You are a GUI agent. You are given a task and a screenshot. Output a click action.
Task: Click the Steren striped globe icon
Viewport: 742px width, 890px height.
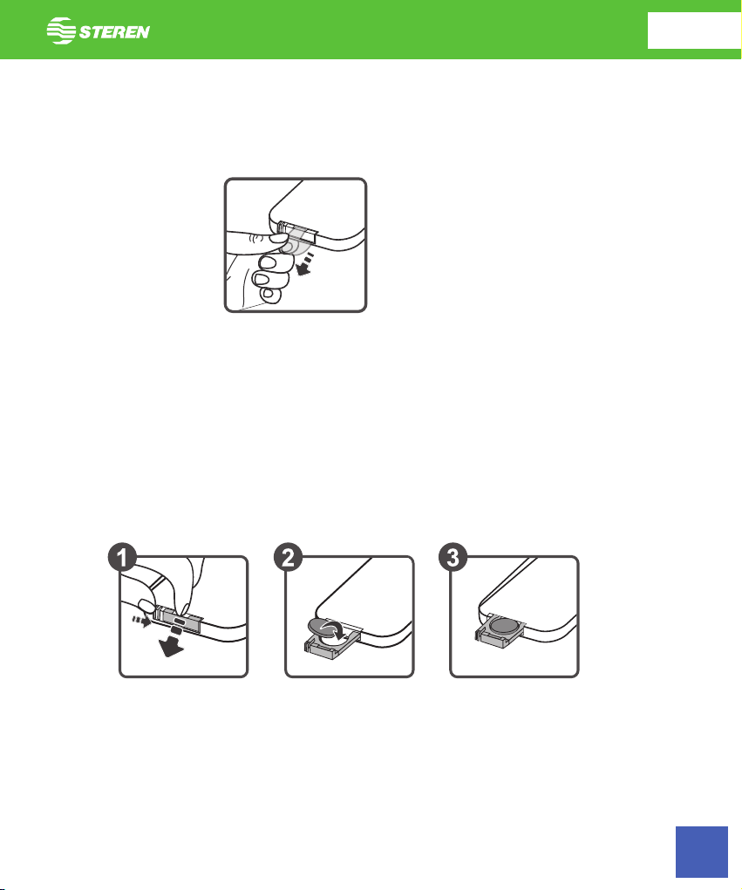pyautogui.click(x=61, y=31)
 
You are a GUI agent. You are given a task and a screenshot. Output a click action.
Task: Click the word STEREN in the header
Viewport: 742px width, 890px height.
pyautogui.click(x=114, y=31)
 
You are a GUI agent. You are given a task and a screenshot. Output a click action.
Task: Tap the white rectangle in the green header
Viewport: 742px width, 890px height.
pyautogui.click(x=694, y=31)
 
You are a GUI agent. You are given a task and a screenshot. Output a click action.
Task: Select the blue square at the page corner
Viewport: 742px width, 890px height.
pyautogui.click(x=702, y=852)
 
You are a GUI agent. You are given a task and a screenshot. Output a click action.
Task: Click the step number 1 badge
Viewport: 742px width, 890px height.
pyautogui.click(x=122, y=557)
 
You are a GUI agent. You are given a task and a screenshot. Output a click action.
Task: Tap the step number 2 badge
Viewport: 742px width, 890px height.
pyautogui.click(x=289, y=557)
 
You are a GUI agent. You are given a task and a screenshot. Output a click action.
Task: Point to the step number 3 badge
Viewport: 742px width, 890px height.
pyautogui.click(x=453, y=557)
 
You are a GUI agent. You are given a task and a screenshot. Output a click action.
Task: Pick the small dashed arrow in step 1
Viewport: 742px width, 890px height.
pyautogui.click(x=142, y=621)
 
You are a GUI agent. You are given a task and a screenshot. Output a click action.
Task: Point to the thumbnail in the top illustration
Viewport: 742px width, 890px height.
pyautogui.click(x=277, y=237)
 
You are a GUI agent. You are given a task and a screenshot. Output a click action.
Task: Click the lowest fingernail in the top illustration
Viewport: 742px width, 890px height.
pyautogui.click(x=268, y=295)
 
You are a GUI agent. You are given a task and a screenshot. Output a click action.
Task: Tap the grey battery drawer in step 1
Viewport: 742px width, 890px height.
pyautogui.click(x=180, y=621)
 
